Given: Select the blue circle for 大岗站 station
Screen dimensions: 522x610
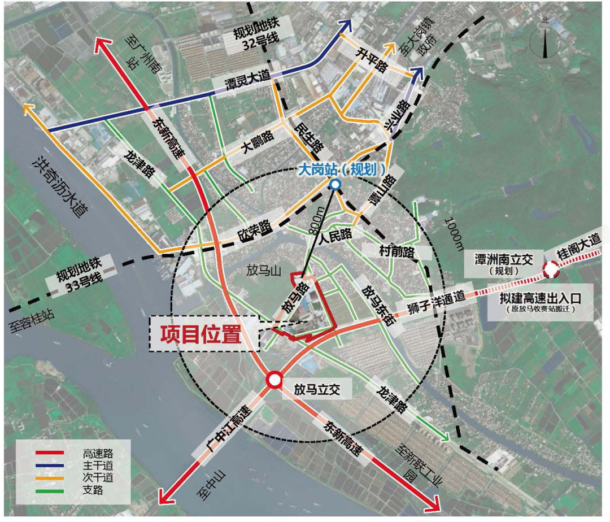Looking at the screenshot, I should tap(335, 184).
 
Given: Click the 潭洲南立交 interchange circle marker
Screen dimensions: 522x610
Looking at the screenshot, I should tap(551, 271).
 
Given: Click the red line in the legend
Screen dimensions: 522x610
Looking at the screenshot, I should tap(50, 453).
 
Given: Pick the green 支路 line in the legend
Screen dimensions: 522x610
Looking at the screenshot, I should tap(50, 490).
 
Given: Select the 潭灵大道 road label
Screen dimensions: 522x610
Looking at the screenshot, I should tap(240, 85).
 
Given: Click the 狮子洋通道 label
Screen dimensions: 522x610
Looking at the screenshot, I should tap(434, 306).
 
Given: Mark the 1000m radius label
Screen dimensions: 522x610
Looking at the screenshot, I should tap(452, 232).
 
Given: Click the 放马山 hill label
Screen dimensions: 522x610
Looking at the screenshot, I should tap(264, 271).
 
